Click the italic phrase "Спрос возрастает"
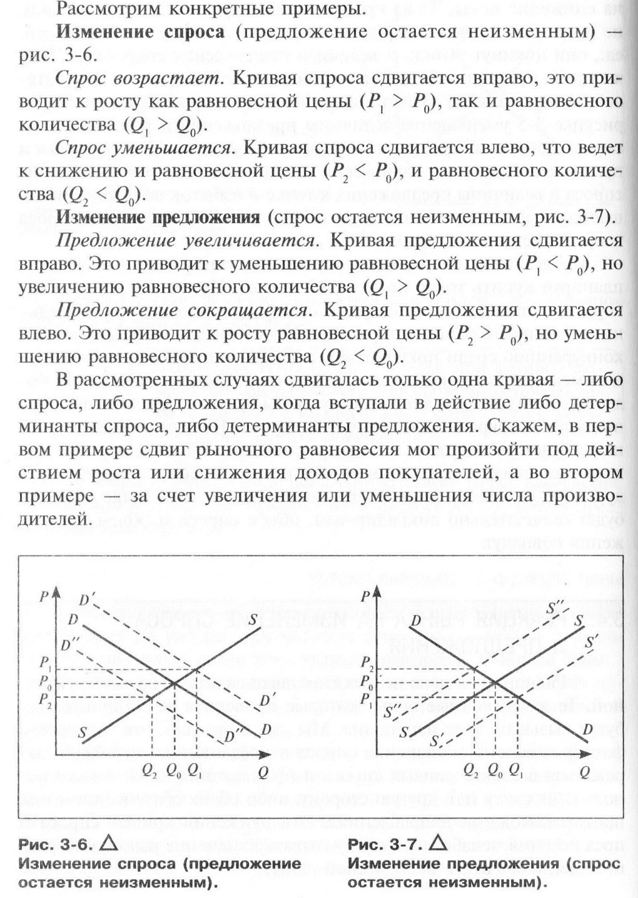137,79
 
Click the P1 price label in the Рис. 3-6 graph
45,669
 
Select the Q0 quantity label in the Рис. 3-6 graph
174,769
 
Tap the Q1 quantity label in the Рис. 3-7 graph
515,769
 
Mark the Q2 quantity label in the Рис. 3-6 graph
149,769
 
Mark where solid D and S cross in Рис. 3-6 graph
174,683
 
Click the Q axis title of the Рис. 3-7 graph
585,771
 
